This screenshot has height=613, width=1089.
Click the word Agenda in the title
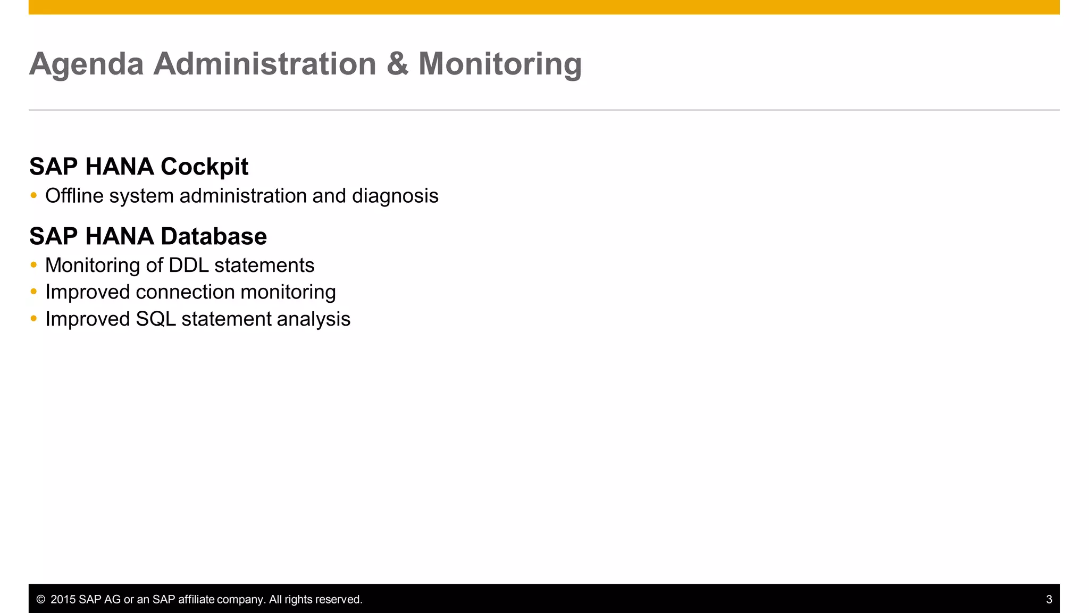(x=86, y=64)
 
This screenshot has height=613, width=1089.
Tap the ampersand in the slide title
(x=397, y=64)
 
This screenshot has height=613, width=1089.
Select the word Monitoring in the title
(x=500, y=64)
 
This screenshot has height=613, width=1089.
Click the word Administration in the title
(x=265, y=64)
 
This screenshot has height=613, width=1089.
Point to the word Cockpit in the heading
(x=204, y=167)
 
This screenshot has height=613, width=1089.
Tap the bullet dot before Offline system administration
(x=34, y=196)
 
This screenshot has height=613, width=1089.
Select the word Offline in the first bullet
(x=74, y=196)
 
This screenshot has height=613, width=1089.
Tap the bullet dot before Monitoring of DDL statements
(x=34, y=265)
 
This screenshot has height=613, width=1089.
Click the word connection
(x=185, y=292)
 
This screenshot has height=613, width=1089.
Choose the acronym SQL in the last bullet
(x=155, y=319)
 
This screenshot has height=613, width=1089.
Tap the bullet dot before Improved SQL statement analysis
(x=34, y=319)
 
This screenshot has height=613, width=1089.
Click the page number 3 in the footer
(x=1049, y=600)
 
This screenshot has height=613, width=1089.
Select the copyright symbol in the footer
(x=40, y=600)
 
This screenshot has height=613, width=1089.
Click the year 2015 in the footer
(x=63, y=600)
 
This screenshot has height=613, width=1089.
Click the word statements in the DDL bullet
(x=264, y=266)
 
